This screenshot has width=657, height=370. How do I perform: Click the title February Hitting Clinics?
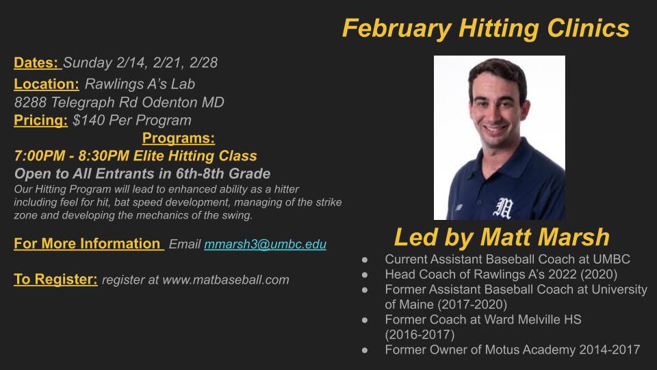[x=485, y=28]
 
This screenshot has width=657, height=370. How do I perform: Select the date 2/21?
[x=166, y=63]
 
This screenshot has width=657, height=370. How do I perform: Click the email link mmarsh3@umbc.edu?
[x=265, y=245]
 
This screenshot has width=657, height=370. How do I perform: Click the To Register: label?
[x=55, y=280]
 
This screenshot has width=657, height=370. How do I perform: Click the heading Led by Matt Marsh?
[x=501, y=237]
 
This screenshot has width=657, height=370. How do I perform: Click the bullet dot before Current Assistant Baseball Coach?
[x=366, y=260]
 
